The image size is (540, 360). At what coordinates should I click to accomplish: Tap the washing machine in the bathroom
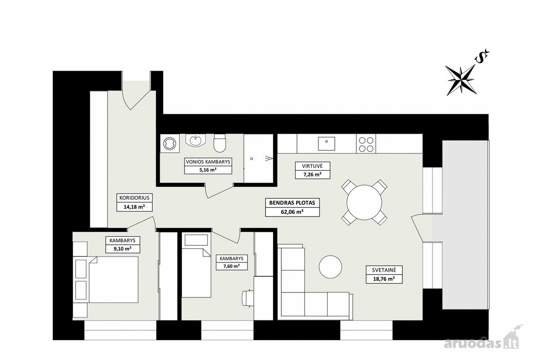click(x=170, y=144)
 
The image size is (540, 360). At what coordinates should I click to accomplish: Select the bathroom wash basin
click(x=195, y=140)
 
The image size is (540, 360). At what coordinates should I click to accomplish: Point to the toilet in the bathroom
click(x=220, y=143)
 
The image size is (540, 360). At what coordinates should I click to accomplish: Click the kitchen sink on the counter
click(x=326, y=144)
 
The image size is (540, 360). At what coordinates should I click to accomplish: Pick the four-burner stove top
click(x=366, y=144)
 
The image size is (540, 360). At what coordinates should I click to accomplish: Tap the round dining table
click(x=364, y=202)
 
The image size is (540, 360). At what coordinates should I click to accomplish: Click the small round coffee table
click(x=330, y=267)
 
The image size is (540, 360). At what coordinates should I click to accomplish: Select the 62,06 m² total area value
click(x=292, y=212)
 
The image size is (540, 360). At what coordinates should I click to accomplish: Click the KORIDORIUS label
click(x=134, y=198)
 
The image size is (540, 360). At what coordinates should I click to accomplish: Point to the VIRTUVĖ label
click(x=312, y=166)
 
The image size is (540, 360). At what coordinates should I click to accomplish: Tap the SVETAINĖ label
click(x=384, y=270)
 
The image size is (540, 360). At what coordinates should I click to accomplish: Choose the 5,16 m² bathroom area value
click(x=208, y=170)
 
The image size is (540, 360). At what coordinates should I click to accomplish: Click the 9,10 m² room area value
click(x=122, y=248)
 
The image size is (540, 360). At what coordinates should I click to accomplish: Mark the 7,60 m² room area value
click(x=231, y=266)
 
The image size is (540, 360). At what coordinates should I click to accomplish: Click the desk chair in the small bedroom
click(x=247, y=298)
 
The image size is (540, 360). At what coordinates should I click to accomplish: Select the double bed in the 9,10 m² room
click(x=113, y=280)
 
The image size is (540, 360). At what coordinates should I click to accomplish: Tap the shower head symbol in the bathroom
click(x=269, y=158)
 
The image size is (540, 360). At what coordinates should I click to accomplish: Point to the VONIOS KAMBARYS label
click(x=208, y=162)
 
